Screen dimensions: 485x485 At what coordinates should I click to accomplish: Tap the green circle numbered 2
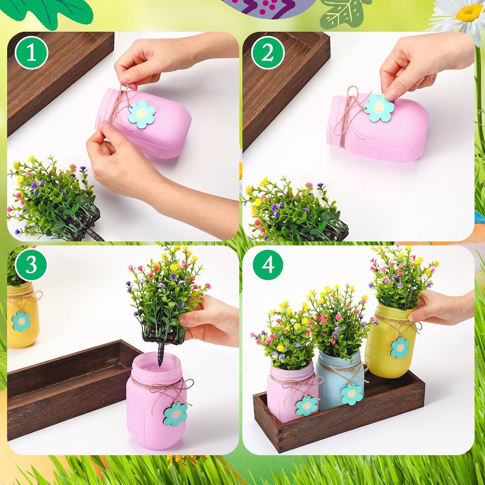(x=268, y=54)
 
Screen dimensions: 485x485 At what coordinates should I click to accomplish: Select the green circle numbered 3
(x=31, y=266)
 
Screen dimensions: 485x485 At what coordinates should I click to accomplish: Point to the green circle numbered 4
(x=268, y=265)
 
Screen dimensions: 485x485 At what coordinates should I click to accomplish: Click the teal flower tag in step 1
(x=141, y=114)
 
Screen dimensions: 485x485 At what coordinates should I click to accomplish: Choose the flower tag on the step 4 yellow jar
(x=400, y=348)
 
